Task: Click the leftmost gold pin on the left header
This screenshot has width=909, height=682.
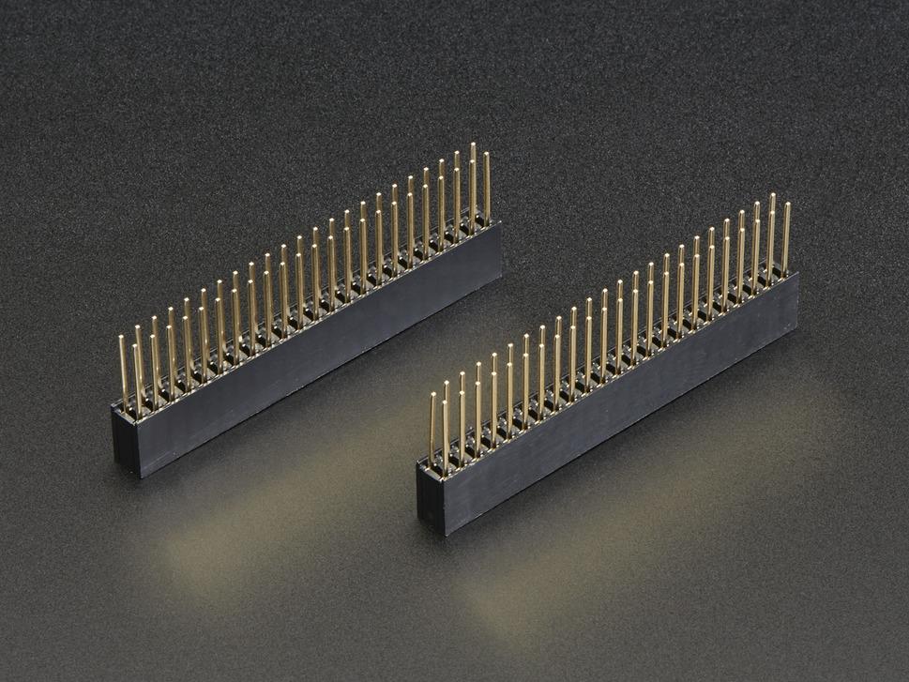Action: [123, 371]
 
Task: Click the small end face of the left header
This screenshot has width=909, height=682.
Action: [126, 441]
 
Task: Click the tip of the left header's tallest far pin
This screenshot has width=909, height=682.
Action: [473, 145]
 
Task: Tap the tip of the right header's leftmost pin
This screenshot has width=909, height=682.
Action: [432, 396]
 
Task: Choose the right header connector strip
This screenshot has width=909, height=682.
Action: [610, 394]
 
